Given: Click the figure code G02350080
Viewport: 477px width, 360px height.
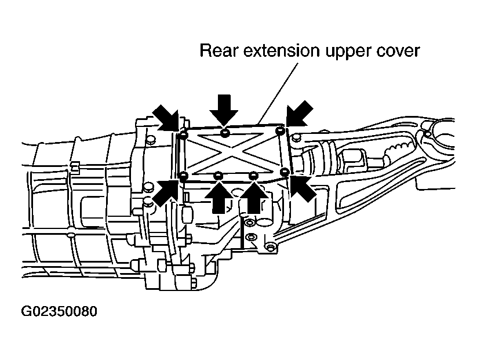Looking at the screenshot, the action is coord(59,311).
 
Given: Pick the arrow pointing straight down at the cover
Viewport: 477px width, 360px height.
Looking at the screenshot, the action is coord(224,110).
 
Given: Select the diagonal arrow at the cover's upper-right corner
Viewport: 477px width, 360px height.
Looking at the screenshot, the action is coord(299,113).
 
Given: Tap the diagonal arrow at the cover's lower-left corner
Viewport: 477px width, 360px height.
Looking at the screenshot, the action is coord(166,192).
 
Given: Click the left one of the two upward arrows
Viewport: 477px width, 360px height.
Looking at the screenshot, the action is coord(219,197).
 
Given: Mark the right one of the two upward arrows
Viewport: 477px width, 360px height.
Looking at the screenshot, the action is coord(254,197).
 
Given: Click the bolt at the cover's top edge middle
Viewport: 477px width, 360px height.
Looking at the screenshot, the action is coord(224,133).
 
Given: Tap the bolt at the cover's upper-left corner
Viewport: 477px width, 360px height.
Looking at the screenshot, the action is coord(183,135).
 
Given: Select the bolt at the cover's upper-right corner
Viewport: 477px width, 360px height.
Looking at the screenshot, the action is coord(279,132).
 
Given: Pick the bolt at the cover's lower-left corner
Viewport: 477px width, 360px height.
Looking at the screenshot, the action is coord(184,176).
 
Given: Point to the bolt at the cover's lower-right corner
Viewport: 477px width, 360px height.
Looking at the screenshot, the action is coord(285,172).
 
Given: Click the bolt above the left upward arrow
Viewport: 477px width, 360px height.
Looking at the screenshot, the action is coord(219,176).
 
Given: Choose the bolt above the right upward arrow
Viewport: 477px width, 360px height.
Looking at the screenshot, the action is coord(253,176).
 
